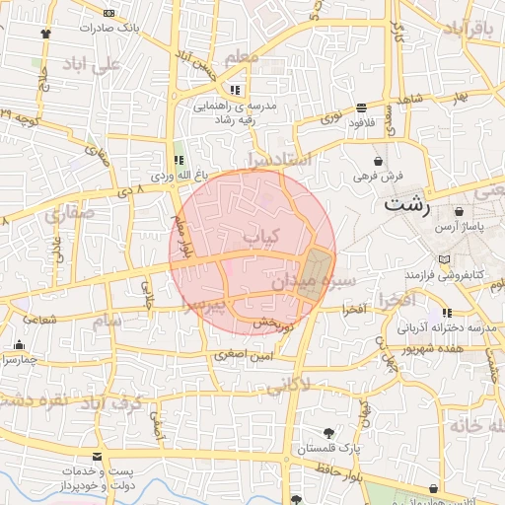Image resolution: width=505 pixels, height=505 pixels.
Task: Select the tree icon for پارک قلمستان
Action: pos(329,432)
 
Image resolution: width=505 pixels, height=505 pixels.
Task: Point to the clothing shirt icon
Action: pos(45,33)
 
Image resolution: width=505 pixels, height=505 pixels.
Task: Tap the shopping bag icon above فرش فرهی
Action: pos(379,160)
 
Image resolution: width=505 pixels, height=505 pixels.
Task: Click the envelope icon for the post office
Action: pos(97,457)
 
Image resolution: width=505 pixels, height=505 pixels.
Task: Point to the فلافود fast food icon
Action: pos(363,106)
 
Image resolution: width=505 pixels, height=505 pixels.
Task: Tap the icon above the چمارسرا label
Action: pos(20,344)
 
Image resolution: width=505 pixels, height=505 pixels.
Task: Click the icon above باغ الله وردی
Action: pos(179,160)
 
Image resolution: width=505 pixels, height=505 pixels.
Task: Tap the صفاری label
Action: pos(68,211)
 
